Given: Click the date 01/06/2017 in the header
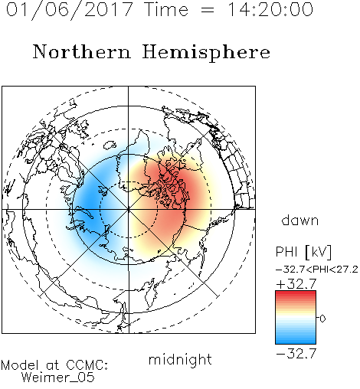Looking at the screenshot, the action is tap(70, 10).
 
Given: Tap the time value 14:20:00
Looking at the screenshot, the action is tap(270, 9).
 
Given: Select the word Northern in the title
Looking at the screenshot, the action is tap(82, 51).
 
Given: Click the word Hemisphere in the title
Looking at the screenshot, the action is tap(206, 53).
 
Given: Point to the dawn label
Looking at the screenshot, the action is tap(300, 220).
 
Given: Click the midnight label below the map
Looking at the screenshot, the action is tap(180, 361).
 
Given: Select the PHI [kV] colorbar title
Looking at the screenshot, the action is tap(303, 252).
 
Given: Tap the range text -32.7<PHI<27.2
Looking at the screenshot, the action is tap(317, 270).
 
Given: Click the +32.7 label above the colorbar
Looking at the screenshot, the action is tap(296, 284).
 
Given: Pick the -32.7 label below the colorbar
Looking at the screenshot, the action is tap(296, 354).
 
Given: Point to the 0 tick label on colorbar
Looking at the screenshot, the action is tap(322, 319).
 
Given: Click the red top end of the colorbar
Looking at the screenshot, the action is tap(296, 293).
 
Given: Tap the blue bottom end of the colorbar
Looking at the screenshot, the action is tap(296, 342).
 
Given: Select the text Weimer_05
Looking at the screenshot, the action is tap(58, 378).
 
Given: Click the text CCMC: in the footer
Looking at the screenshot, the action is tap(87, 365).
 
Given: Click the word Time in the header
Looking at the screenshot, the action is tap(166, 9).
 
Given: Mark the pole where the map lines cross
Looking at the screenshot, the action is tap(129, 210).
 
